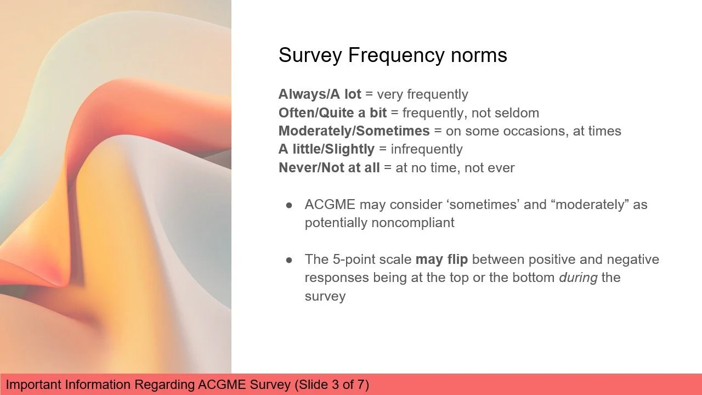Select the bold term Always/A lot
click(320, 94)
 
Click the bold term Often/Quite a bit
click(332, 113)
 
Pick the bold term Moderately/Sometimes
click(354, 131)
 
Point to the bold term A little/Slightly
click(326, 149)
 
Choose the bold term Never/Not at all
click(329, 168)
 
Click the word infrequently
click(427, 149)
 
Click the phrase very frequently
click(422, 94)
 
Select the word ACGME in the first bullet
click(330, 205)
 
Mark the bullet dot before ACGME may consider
click(290, 205)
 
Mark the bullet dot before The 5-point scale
click(290, 260)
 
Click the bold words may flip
click(441, 259)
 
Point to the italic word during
click(578, 278)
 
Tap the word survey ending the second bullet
click(325, 296)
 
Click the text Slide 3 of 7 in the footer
click(332, 385)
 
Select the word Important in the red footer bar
click(34, 385)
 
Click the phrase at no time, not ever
click(455, 168)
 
